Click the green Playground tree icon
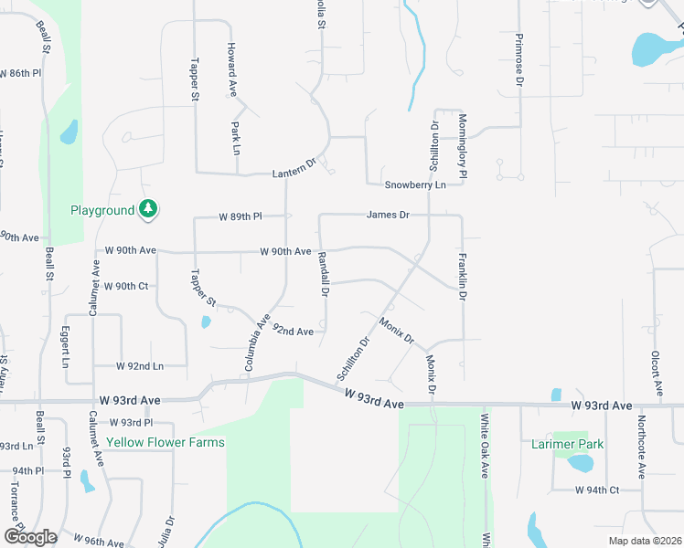coord(148,210)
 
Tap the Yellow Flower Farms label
coord(165,442)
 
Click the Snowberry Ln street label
coord(414,184)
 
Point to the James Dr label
coord(388,215)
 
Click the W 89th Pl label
coord(240,216)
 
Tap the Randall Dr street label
coord(323,275)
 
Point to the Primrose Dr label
coord(518,61)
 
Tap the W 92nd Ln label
coord(139,365)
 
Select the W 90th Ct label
coord(126,286)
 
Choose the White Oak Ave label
coord(485,445)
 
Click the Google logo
coord(30,536)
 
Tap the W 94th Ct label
coord(597,490)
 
